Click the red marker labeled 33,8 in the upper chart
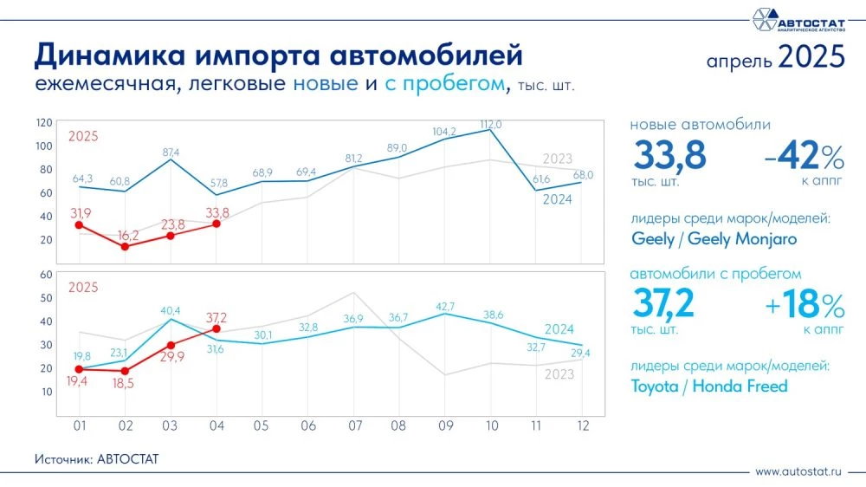click(x=216, y=224)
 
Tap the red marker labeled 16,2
click(x=125, y=246)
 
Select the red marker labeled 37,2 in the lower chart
click(x=216, y=329)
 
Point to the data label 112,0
click(x=491, y=125)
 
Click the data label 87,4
click(x=171, y=153)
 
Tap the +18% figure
click(x=803, y=306)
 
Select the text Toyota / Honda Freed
click(x=709, y=386)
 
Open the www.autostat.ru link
click(x=798, y=472)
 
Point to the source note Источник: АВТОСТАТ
click(x=98, y=458)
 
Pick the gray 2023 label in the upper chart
click(x=559, y=159)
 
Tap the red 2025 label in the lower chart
click(x=83, y=287)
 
